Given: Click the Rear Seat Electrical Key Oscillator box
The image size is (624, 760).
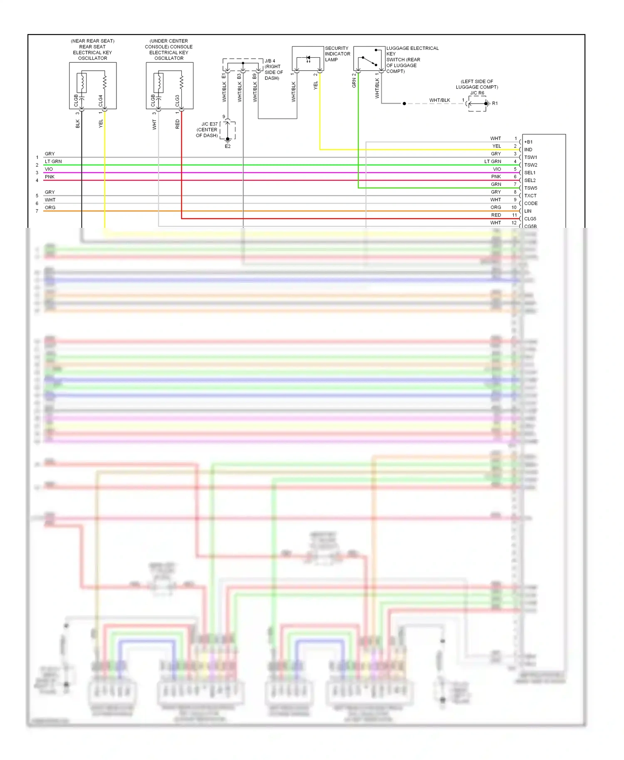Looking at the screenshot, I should tap(93, 86).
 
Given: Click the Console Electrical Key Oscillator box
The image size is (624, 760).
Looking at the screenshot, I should tap(169, 86).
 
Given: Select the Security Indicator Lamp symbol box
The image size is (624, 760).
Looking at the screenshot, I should tap(308, 59).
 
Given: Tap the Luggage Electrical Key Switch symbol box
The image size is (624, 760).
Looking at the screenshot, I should tap(369, 59).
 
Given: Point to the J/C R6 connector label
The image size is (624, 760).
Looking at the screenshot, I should tap(477, 93).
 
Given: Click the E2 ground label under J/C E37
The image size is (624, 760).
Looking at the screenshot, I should tap(228, 146).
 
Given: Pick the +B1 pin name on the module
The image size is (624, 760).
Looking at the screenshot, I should tap(528, 142).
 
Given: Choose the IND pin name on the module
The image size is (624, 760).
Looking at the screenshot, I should tap(528, 150).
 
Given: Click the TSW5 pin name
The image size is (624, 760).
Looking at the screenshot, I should tap(530, 188).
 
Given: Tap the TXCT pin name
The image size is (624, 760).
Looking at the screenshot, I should tap(530, 196).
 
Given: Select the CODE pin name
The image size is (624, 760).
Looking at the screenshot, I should tap(531, 204).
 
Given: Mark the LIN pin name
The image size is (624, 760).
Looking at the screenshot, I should tap(528, 211).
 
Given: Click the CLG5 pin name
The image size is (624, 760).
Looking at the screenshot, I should tap(530, 219).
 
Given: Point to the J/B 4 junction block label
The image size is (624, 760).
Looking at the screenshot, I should tap(270, 61).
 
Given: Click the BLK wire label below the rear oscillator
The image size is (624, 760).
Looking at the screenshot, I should tap(78, 124).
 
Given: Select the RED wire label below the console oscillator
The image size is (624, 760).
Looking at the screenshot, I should tap(178, 124).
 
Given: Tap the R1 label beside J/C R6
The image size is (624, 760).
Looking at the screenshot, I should tap(495, 104).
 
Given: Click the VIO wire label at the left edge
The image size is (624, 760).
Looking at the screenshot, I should tap(49, 169).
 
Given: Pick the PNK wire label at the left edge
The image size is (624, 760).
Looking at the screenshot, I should tap(50, 177).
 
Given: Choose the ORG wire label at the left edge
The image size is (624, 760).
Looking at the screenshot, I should tap(50, 208).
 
